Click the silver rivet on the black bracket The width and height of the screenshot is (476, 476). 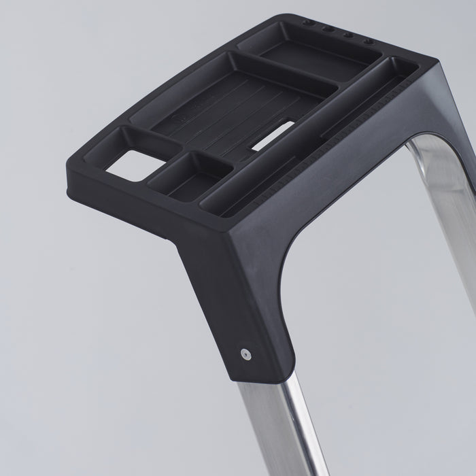point(245,353)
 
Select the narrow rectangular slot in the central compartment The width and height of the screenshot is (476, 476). point(275,134)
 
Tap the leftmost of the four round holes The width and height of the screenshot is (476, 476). point(309,22)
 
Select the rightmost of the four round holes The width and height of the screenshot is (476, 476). point(369,41)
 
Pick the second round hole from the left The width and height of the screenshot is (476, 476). point(328,29)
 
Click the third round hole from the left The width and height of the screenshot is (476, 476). point(349,35)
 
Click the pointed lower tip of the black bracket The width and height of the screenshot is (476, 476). point(238,377)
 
